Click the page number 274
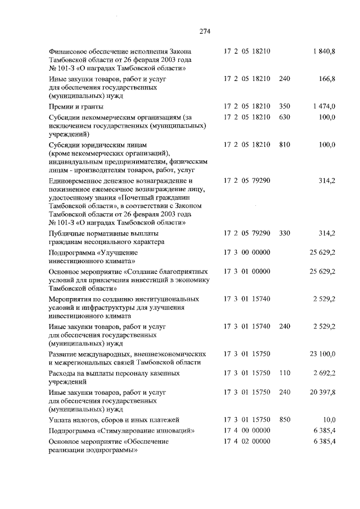[204, 31]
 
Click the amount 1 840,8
[324, 51]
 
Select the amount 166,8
[327, 79]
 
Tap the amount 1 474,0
[324, 106]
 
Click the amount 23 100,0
[322, 354]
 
